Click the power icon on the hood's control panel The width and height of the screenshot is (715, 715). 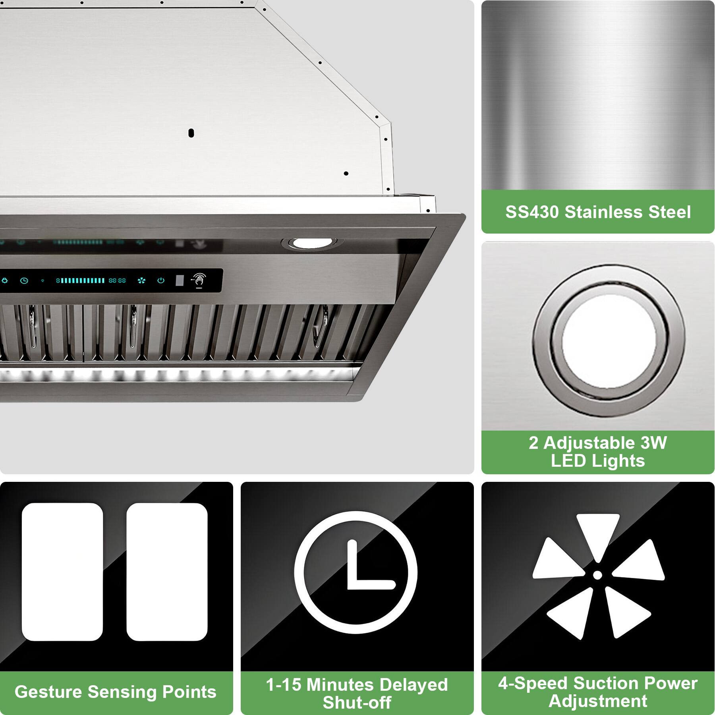click(x=161, y=280)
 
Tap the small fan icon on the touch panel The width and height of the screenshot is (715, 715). click(x=141, y=281)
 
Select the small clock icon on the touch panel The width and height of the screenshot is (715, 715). click(x=24, y=281)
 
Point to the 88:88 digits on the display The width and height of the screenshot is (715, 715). click(x=117, y=280)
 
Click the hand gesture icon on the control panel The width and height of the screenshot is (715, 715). click(x=199, y=280)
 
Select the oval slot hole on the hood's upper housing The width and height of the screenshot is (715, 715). click(x=191, y=133)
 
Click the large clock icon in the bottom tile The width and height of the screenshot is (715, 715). click(x=356, y=573)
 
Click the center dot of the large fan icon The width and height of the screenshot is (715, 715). click(x=597, y=574)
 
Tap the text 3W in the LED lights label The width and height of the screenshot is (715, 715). click(x=653, y=443)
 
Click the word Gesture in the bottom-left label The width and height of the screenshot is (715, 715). click(x=48, y=692)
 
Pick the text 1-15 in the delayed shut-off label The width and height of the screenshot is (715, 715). click(x=284, y=685)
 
